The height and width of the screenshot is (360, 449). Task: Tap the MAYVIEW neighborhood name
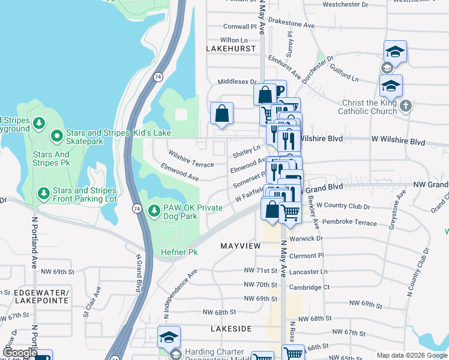coord(240,247)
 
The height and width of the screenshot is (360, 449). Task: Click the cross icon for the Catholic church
coord(406,106)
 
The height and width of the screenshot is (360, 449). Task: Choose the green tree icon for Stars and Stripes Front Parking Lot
coord(43,193)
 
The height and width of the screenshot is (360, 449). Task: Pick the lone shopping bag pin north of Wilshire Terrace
coord(221,113)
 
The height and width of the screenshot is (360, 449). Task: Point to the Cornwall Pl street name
coord(240,26)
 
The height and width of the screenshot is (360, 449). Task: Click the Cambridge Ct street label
coord(309,287)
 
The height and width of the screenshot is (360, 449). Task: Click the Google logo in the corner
coord(20,353)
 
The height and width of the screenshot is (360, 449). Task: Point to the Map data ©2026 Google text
coord(411,355)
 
